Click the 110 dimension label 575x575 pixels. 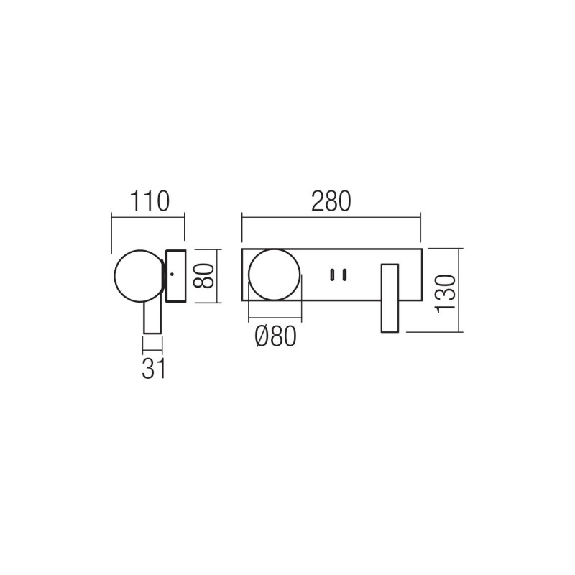pos(149,201)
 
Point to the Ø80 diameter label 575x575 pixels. pos(275,336)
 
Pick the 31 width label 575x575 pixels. pos(153,368)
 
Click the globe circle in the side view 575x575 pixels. pos(139,275)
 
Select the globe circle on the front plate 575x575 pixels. pos(274,274)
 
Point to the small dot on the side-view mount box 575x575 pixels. pos(173,274)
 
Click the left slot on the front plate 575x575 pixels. pos(332,274)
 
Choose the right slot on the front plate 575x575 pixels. pos(344,274)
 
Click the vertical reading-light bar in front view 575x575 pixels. pos(390,298)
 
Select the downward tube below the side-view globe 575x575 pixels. pos(152,316)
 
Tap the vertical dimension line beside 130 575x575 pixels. pos(461,290)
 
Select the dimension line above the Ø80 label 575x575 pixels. pos(274,318)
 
